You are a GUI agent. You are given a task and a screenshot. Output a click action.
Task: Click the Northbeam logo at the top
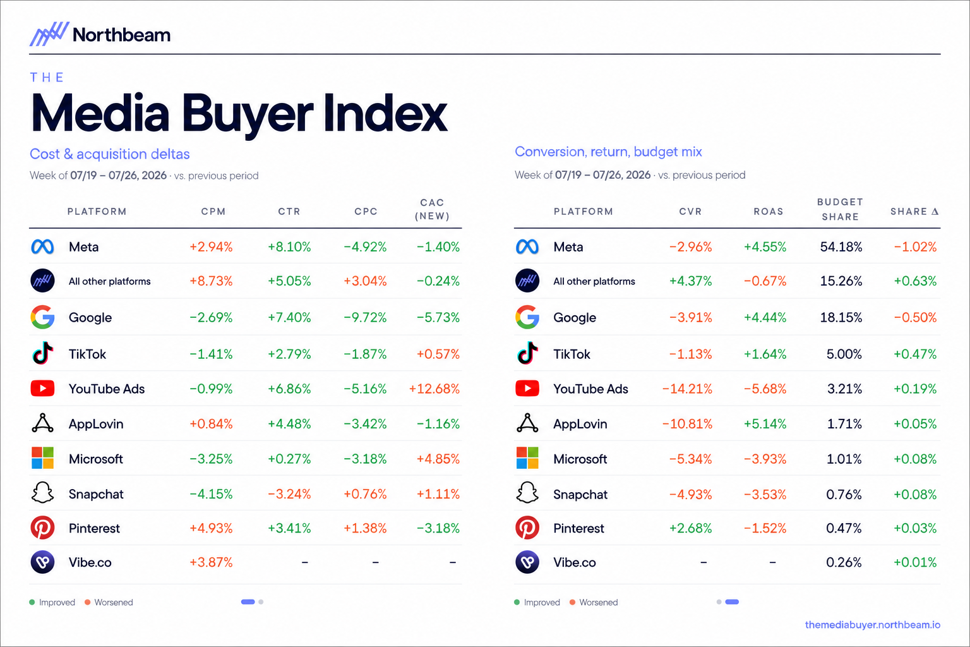[x=100, y=34]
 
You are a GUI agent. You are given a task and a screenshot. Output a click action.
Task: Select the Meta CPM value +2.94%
[x=211, y=247]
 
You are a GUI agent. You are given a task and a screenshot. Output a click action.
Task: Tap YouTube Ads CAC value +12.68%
[x=434, y=389]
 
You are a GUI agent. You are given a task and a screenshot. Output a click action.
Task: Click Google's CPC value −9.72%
[x=365, y=318]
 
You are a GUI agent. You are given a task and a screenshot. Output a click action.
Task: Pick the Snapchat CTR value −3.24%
[x=289, y=494]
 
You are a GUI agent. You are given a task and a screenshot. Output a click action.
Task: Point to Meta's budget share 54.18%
[x=841, y=247]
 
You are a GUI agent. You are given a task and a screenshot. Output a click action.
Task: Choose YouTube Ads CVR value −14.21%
[x=687, y=389]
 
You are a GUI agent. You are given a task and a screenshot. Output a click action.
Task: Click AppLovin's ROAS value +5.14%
[x=765, y=424]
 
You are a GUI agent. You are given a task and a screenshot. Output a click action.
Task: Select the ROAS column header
[x=769, y=212]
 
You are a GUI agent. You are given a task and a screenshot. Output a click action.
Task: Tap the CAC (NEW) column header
[x=432, y=209]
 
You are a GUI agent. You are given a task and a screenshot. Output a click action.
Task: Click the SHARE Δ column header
[x=914, y=212]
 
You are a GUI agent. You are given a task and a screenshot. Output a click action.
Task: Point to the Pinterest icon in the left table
[x=42, y=528]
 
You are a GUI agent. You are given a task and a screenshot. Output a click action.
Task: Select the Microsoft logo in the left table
[x=42, y=458]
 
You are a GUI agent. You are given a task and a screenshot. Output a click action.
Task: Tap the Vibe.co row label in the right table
[x=575, y=562]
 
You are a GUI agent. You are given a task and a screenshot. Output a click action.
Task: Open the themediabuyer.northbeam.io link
[x=873, y=625]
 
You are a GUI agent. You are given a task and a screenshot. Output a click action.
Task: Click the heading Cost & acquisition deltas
[x=109, y=154]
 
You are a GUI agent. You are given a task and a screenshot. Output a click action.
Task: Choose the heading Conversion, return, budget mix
[x=608, y=152]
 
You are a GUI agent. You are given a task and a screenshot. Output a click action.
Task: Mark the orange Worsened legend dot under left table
[x=88, y=602]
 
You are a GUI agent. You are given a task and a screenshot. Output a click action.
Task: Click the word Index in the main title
[x=385, y=114]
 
